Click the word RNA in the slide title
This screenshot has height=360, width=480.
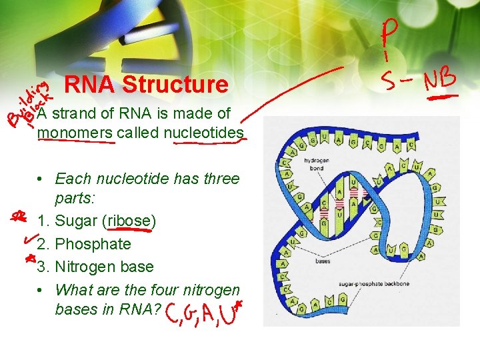(x=91, y=85)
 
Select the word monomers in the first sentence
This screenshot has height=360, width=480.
(x=75, y=133)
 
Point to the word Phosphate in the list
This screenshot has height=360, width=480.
(x=93, y=244)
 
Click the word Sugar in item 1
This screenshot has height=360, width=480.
(x=75, y=221)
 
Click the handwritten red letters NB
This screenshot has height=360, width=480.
(x=438, y=80)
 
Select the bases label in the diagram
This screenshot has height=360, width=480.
(x=323, y=261)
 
